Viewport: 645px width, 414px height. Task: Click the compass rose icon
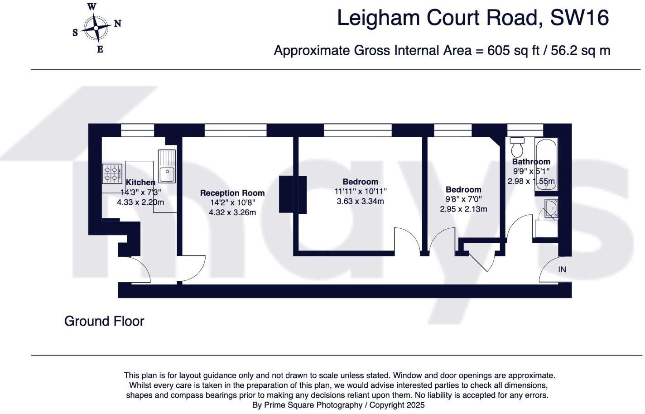click(x=96, y=28)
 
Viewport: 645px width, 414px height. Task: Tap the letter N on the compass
click(x=117, y=24)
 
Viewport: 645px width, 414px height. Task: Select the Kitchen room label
click(x=140, y=183)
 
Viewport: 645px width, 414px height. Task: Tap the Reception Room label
click(x=232, y=193)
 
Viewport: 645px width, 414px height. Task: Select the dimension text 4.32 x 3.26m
click(x=232, y=212)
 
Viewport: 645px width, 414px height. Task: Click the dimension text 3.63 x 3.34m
click(x=360, y=201)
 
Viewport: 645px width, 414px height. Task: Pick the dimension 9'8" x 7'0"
click(x=463, y=199)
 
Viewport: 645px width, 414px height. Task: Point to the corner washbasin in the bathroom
click(x=552, y=209)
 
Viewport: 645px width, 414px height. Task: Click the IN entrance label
click(x=562, y=270)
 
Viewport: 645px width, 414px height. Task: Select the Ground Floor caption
click(x=104, y=321)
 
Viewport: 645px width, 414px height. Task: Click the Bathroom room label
click(x=531, y=162)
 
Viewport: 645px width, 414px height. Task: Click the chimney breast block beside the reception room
click(x=293, y=194)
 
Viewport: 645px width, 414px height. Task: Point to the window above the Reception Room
click(x=235, y=130)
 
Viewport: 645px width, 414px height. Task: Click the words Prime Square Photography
click(x=313, y=405)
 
